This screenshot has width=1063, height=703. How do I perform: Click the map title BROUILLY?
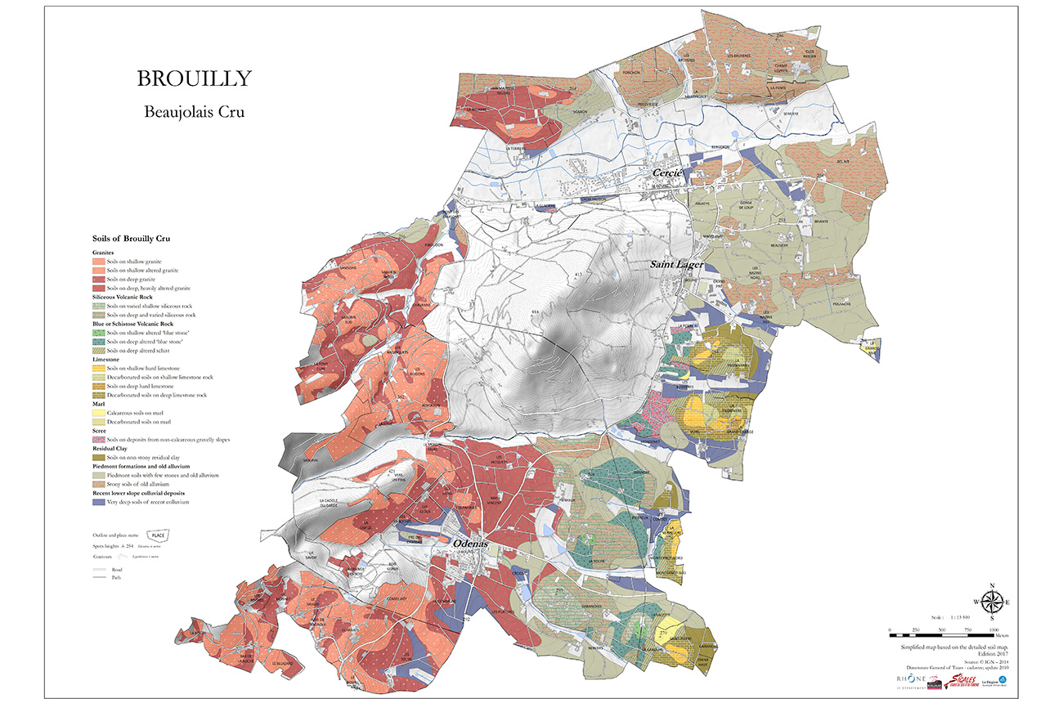point(194,78)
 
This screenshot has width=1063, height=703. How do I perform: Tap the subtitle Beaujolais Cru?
point(194,112)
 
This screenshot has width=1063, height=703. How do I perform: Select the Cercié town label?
point(667,174)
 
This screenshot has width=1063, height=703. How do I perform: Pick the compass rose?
point(992,603)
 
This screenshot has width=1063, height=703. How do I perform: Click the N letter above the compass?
point(992,585)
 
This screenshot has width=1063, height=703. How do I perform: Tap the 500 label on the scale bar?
point(941,630)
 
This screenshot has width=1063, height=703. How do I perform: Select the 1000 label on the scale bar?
point(993,630)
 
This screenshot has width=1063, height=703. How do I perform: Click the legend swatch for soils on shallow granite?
point(99,261)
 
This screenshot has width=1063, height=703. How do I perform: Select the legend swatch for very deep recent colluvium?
point(99,502)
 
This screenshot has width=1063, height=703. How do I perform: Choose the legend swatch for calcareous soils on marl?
point(99,413)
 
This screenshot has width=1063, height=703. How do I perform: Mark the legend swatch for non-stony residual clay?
point(99,457)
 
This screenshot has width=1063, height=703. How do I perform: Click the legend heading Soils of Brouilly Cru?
point(135,238)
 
